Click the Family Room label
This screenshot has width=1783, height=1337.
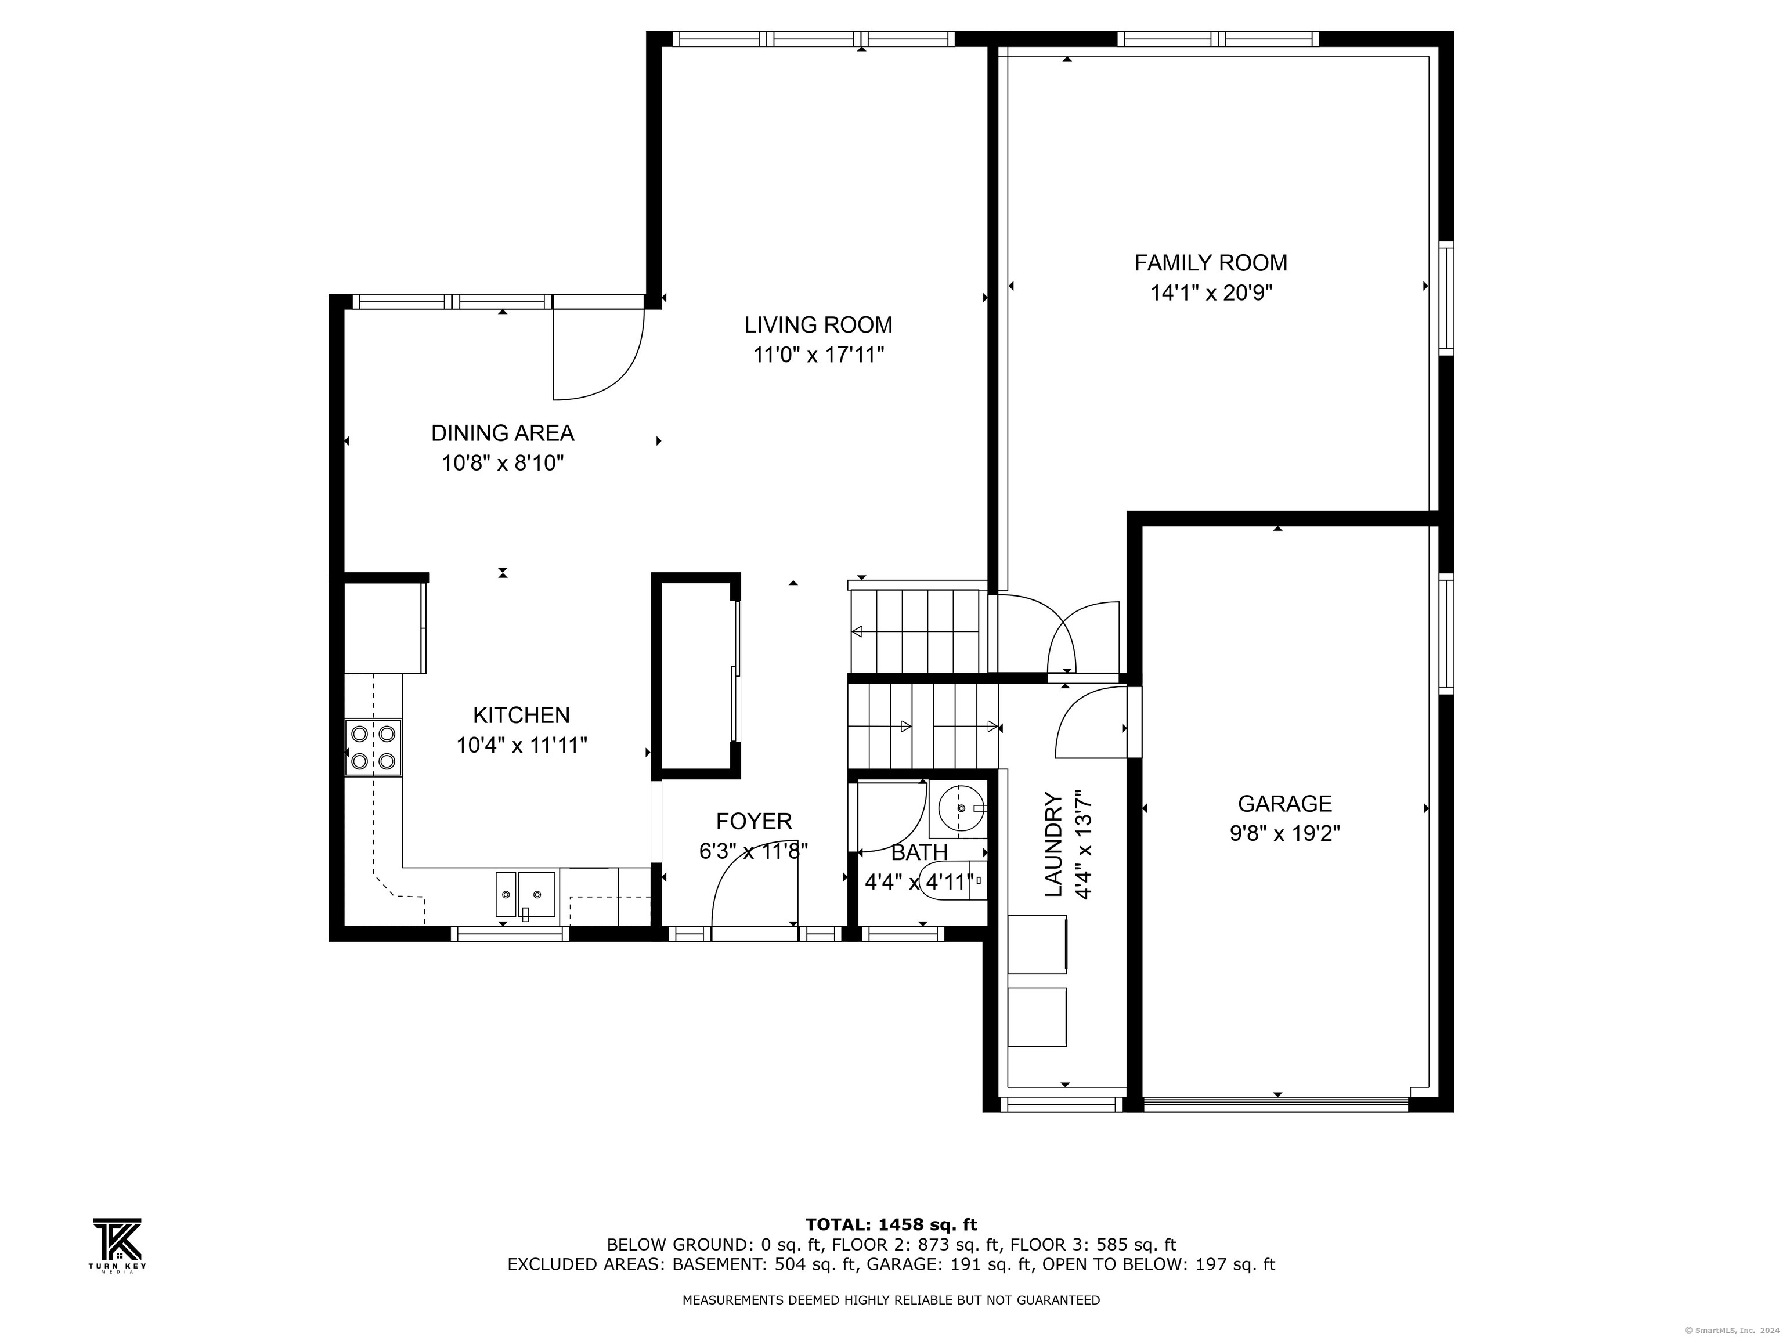[1211, 263]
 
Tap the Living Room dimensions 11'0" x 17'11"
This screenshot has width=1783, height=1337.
[819, 355]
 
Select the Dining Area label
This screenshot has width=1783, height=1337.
[503, 433]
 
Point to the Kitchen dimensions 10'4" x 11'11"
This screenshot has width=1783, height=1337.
[522, 745]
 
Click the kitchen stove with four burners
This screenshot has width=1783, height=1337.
[373, 747]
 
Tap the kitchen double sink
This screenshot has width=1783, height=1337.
[525, 895]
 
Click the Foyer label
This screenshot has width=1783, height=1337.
[755, 821]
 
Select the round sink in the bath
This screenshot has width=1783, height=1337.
[961, 808]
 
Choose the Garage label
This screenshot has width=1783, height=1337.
[1285, 804]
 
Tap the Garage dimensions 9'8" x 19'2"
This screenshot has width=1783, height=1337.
[1285, 833]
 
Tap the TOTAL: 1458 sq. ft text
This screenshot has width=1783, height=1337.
[891, 1225]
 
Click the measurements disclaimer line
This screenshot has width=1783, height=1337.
[891, 1300]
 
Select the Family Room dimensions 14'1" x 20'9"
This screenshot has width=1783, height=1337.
[1211, 292]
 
